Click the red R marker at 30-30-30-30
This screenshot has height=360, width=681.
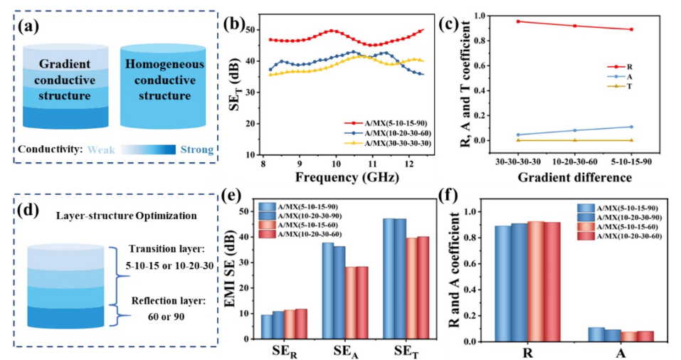click(518, 21)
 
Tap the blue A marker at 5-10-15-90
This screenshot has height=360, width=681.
click(630, 127)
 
